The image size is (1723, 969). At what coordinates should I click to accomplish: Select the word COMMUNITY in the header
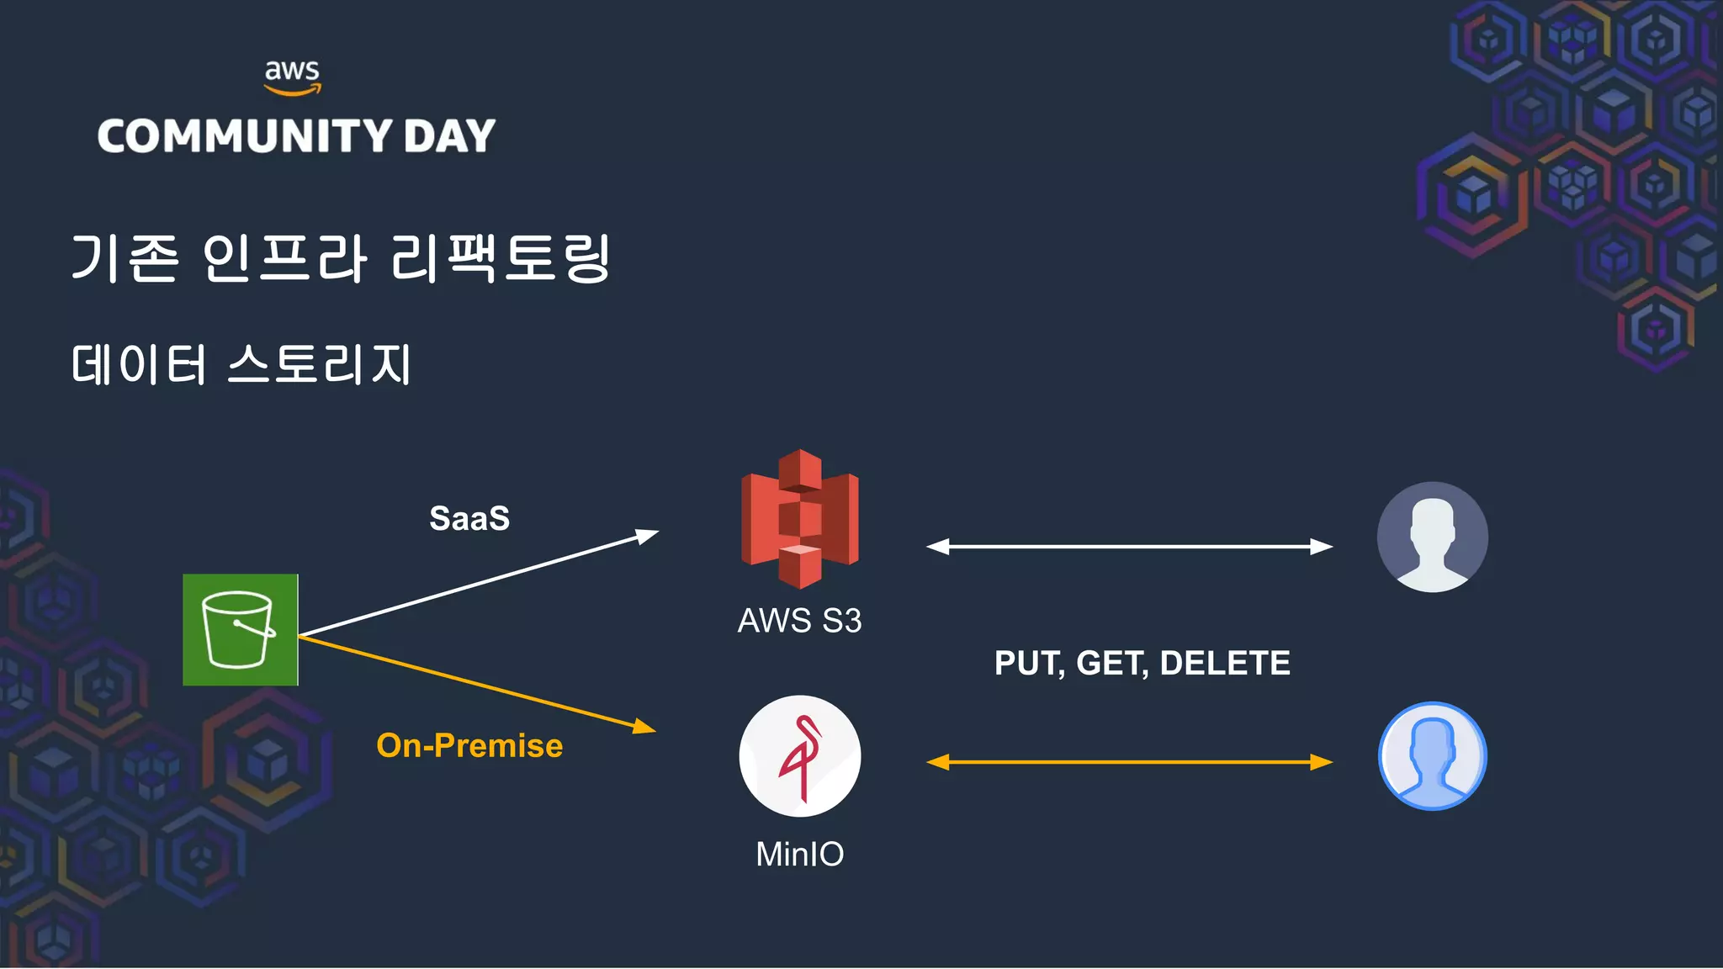pyautogui.click(x=244, y=136)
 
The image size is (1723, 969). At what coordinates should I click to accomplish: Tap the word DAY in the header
pyautogui.click(x=449, y=136)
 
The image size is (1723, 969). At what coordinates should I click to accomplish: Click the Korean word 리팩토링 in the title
pyautogui.click(x=501, y=257)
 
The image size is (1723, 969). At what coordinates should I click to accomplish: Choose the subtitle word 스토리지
pyautogui.click(x=320, y=364)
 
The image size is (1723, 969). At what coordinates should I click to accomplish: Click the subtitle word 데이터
pyautogui.click(x=139, y=364)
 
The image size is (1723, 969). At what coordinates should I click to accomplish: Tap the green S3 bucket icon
pyautogui.click(x=241, y=629)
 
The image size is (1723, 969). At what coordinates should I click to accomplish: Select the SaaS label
pyautogui.click(x=469, y=518)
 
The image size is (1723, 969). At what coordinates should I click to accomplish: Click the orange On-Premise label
pyautogui.click(x=469, y=745)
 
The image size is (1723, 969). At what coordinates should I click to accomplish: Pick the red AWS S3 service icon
pyautogui.click(x=800, y=519)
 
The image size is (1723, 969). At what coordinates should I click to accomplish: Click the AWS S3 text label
pyautogui.click(x=799, y=621)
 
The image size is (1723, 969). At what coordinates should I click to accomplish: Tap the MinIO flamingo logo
pyautogui.click(x=800, y=755)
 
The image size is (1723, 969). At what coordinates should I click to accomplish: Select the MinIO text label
pyautogui.click(x=799, y=854)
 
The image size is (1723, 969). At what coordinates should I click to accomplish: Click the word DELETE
pyautogui.click(x=1225, y=663)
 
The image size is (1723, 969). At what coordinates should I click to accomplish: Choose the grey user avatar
pyautogui.click(x=1432, y=537)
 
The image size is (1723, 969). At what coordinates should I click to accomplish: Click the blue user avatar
pyautogui.click(x=1432, y=755)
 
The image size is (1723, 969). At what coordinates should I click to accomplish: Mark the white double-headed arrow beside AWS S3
pyautogui.click(x=1129, y=547)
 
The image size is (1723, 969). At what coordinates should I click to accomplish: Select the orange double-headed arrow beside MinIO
pyautogui.click(x=1129, y=762)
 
